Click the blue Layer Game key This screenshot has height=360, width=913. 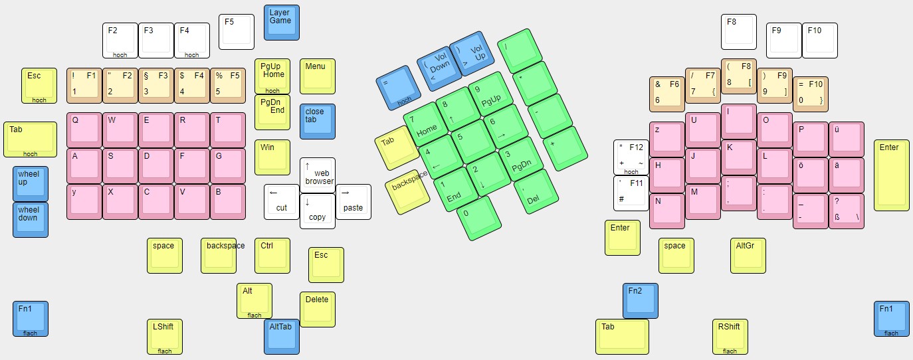point(281,22)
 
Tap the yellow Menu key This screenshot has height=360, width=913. point(317,76)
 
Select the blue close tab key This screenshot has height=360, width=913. point(317,121)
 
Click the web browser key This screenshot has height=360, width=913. point(317,175)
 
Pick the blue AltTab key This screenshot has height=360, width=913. point(281,336)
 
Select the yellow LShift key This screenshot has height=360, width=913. point(164,336)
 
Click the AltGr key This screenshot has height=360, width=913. point(748,255)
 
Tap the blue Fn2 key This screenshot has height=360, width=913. point(640,300)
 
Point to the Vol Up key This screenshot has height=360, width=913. point(472,53)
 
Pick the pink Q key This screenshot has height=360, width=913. point(84,130)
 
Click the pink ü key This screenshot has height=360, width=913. point(846,139)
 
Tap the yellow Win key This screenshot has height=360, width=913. point(272,157)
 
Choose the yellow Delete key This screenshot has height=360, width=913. point(317,309)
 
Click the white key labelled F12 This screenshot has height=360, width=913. point(631,157)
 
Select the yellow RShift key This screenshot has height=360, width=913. point(729,336)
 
